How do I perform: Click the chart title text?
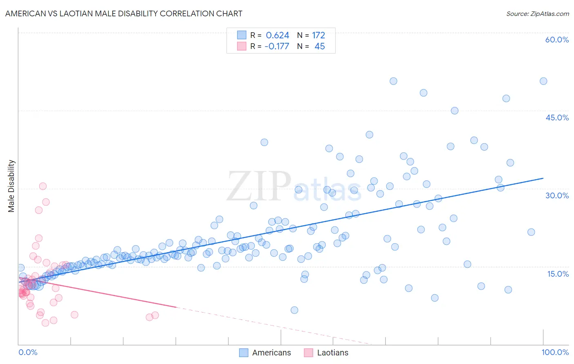124,14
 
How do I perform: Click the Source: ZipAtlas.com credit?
537,14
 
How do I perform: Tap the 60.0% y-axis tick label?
557,40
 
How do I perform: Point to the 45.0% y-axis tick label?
557,118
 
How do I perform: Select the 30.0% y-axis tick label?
557,195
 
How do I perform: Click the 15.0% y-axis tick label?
558,274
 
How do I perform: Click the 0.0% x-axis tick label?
28,352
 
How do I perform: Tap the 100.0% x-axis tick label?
555,352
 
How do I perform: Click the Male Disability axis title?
11,186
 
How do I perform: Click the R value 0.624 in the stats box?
277,36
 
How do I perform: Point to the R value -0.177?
277,47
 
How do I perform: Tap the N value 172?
318,36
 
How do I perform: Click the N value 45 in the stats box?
320,47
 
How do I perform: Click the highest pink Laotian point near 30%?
42,186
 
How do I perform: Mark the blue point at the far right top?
543,81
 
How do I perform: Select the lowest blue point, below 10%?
294,310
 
